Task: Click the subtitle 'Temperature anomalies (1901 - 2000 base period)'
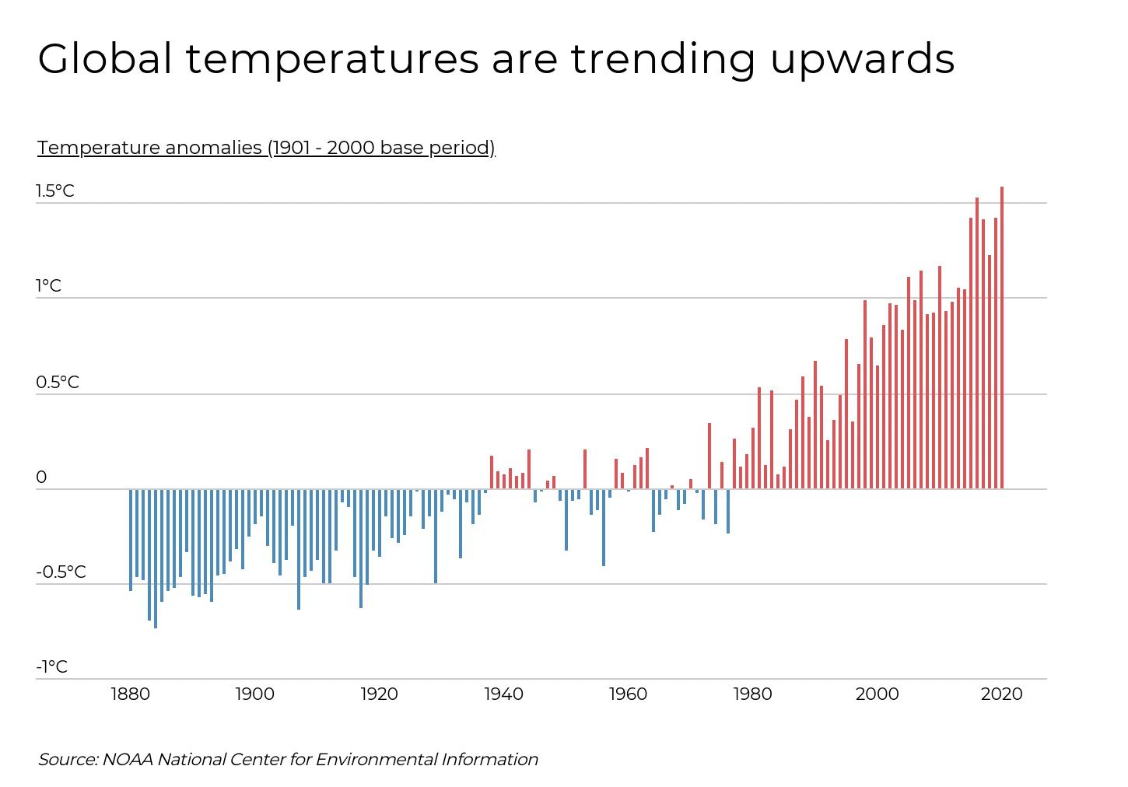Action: tap(266, 148)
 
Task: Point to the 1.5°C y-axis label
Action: tap(54, 191)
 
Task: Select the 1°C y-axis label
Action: tap(48, 286)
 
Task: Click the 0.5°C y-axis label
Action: tap(57, 383)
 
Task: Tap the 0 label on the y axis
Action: tap(42, 477)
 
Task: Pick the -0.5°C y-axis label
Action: tap(61, 572)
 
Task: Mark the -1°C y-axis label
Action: tap(51, 667)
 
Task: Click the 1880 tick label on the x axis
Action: tap(131, 694)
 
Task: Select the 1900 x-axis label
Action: tap(255, 694)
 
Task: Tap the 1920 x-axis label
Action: tap(380, 694)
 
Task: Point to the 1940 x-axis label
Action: tap(504, 694)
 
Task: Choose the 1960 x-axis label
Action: tap(629, 694)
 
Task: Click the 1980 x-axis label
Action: tap(753, 694)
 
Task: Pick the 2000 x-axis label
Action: tap(878, 694)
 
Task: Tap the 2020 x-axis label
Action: tap(1002, 694)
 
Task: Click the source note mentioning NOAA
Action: tap(288, 759)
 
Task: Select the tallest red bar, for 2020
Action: tap(1002, 338)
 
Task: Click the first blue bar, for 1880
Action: tap(131, 540)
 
